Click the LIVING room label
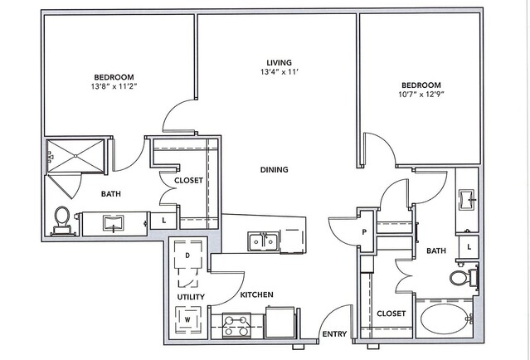click(279, 62)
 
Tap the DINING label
click(275, 169)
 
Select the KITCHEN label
click(256, 294)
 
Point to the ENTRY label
click(334, 334)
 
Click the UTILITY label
click(191, 297)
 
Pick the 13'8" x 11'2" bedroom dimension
click(114, 86)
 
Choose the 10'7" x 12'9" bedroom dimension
click(421, 95)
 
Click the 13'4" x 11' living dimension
click(279, 71)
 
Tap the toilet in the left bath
click(62, 221)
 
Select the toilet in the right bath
click(464, 277)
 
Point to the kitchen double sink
click(263, 241)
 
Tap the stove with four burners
click(236, 325)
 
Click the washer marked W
click(187, 319)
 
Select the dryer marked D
click(188, 255)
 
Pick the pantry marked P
click(365, 231)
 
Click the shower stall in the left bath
click(75, 156)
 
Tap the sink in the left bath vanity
click(114, 223)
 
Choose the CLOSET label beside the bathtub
click(391, 314)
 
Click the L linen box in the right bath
click(469, 246)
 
